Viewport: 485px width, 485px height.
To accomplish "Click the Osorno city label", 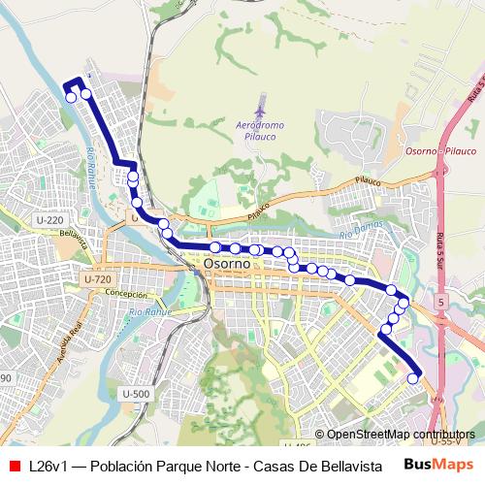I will [227, 264].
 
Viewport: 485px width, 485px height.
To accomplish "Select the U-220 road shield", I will [48, 221].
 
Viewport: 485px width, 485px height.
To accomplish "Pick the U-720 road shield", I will [97, 279].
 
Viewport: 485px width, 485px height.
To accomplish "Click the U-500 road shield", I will [136, 393].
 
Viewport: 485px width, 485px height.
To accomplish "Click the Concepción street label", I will [125, 293].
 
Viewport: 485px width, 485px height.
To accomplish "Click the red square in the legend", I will [14, 466].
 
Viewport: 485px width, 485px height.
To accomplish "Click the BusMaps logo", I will [438, 465].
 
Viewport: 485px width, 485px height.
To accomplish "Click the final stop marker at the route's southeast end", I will [414, 378].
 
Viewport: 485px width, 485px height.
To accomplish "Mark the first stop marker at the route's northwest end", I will [70, 96].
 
